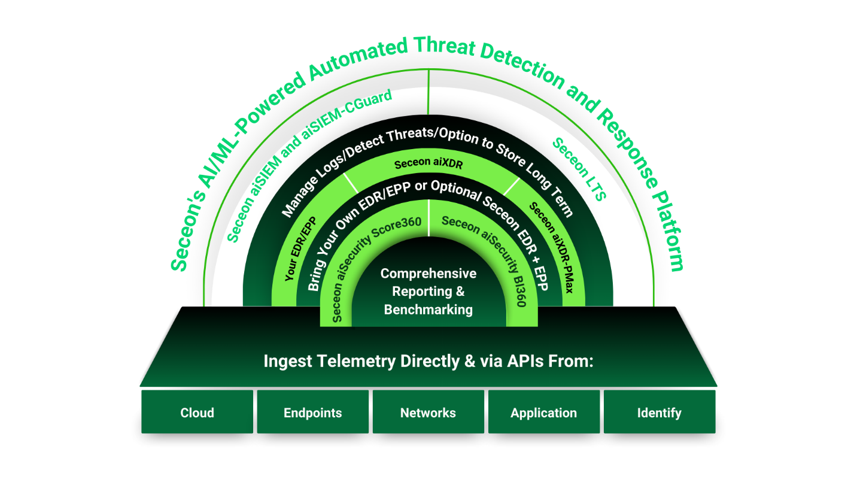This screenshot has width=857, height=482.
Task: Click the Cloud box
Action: pos(197,413)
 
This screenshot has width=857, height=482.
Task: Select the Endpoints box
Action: pos(312,413)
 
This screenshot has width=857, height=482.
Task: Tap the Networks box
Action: pos(428,413)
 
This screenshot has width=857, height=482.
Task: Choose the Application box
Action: pos(543,413)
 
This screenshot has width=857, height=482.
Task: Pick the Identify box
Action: pos(659,413)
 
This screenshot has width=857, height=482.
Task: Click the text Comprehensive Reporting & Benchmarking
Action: pos(428,292)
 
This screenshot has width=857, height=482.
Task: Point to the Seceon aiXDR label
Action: pos(428,163)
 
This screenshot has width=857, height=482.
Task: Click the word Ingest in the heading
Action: pos(285,362)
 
